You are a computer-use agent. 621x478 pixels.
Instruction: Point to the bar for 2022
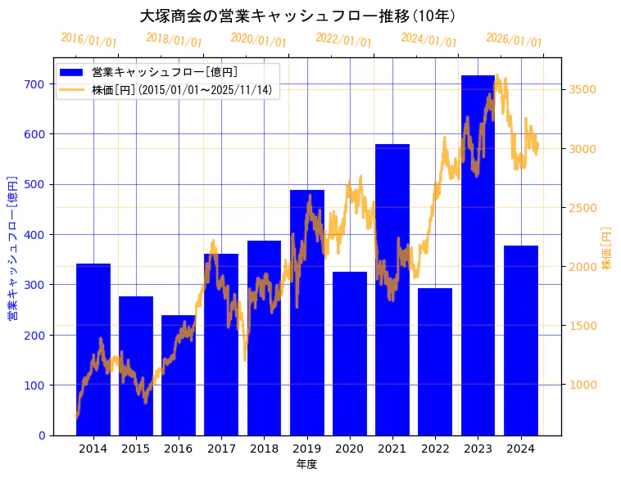pos(435,361)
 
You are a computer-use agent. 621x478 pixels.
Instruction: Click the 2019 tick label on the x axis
pos(307,449)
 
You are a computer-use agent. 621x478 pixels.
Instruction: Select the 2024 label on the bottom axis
pos(521,449)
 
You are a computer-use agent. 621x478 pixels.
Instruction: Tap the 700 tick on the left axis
pos(34,84)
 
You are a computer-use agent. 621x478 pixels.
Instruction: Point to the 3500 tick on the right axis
pos(583,89)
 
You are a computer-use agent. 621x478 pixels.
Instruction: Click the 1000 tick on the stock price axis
pos(583,385)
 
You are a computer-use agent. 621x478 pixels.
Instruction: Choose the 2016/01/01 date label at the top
pos(88,40)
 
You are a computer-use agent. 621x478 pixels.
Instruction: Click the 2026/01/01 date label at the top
pos(514,40)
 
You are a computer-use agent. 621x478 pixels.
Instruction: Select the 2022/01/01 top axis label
pos(343,40)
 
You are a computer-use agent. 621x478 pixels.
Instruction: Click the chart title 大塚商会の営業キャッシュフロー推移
pos(297,16)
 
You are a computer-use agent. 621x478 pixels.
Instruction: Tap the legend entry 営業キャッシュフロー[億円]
pos(164,72)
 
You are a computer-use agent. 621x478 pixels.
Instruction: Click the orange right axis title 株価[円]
pos(606,249)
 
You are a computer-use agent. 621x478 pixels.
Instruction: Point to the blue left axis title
pos(12,247)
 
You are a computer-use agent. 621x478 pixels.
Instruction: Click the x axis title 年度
pos(306,464)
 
